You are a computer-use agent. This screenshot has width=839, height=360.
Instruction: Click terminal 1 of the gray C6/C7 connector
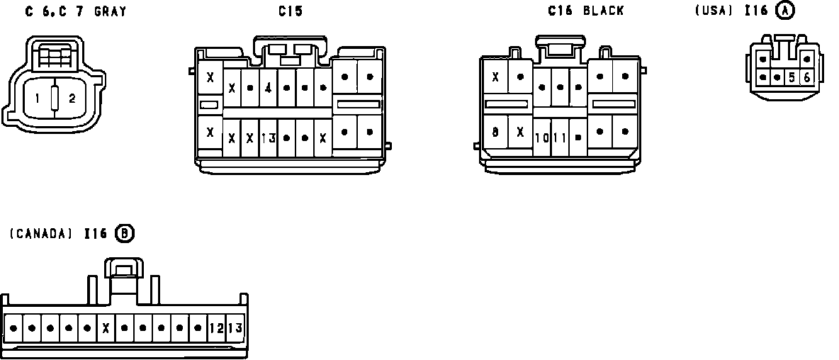37,99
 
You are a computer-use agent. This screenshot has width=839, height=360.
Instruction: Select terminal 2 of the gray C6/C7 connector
72,99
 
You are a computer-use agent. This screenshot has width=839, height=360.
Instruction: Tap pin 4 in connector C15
268,89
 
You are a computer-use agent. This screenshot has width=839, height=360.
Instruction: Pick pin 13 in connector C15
268,137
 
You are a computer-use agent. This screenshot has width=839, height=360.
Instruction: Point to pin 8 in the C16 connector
495,132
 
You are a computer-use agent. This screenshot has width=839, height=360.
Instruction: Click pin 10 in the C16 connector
542,137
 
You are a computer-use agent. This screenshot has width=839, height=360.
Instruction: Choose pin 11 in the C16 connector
560,137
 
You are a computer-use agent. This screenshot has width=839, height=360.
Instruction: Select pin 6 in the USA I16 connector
806,77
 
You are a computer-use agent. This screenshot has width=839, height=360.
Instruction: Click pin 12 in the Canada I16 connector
217,328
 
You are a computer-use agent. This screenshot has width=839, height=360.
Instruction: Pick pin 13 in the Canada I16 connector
235,328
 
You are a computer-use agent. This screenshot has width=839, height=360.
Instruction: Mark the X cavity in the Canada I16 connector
106,328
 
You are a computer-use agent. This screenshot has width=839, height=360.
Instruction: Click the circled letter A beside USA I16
785,11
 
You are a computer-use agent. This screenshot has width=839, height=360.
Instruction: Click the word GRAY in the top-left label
110,11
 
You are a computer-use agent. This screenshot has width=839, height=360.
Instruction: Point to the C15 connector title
290,11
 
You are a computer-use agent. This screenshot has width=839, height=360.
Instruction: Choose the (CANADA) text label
41,233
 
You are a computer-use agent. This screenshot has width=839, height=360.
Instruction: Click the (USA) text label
713,11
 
